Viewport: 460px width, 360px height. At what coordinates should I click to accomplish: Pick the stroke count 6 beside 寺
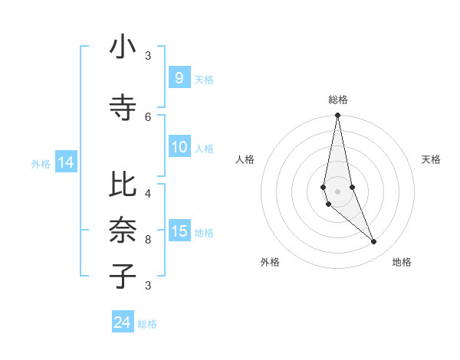pos(148,116)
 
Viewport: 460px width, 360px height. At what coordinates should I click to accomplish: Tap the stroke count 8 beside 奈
pos(148,239)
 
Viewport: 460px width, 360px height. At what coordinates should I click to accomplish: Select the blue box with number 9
pos(179,77)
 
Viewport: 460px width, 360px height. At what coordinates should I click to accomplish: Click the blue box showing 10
pos(179,147)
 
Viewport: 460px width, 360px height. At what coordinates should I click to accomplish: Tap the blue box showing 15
pos(179,231)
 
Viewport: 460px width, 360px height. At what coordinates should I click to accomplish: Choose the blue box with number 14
pos(65,162)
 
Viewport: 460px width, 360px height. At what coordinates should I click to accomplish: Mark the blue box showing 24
pos(123,322)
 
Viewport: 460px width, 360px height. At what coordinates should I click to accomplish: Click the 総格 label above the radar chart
pos(338,100)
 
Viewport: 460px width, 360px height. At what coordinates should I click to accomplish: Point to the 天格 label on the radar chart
pos(432,159)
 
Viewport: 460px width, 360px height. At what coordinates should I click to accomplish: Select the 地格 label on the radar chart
pos(402,262)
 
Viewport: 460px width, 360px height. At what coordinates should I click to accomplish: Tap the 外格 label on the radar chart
pos(270,262)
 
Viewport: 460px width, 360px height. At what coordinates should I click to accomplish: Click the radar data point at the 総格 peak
pos(337,116)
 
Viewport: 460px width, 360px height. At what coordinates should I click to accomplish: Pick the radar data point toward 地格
pos(374,242)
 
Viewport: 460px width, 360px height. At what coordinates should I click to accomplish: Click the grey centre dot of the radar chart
pos(337,191)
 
